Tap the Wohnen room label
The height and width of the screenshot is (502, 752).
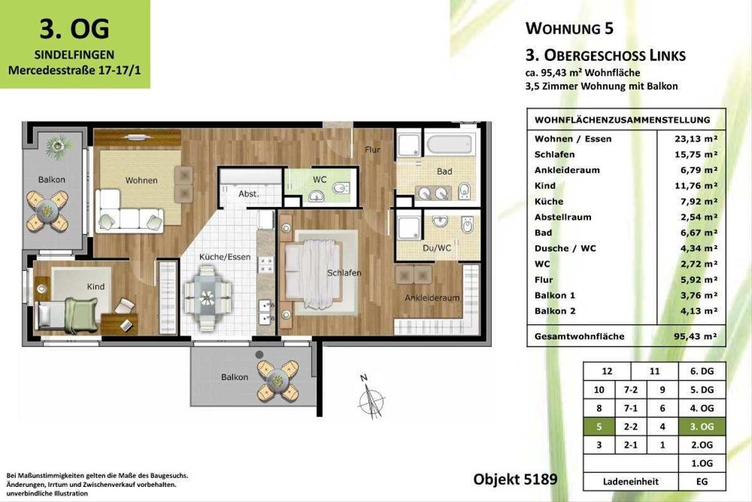(141, 181)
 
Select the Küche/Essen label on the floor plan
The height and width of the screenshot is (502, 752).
(225, 257)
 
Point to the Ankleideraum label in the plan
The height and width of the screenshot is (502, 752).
(432, 298)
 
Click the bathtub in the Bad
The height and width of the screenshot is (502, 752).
(449, 144)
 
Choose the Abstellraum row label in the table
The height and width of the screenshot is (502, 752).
(563, 217)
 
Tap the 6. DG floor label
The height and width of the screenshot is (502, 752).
(702, 371)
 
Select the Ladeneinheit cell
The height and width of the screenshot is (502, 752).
(630, 481)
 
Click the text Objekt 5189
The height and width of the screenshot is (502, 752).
(514, 479)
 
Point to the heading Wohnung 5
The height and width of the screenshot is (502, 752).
(569, 28)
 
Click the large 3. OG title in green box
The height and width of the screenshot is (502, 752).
(75, 28)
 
